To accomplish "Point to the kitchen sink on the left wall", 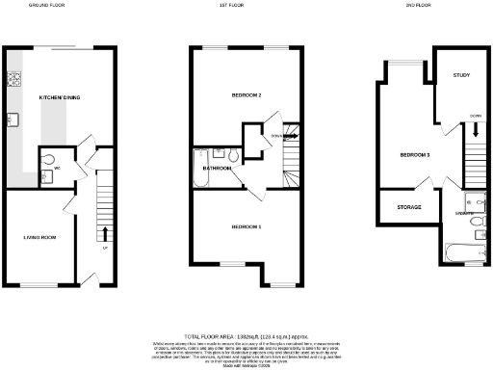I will point(14,119).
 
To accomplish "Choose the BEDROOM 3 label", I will point(416,154).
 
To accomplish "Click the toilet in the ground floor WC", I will point(48,155).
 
